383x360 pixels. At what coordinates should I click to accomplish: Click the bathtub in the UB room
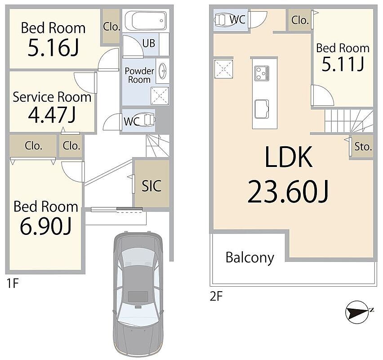[146, 20]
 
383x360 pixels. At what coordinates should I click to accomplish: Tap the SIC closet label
[151, 186]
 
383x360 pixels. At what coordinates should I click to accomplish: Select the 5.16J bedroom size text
[53, 47]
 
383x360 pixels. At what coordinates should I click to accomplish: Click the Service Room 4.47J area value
[52, 115]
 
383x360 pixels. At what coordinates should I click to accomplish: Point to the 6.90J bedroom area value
[46, 226]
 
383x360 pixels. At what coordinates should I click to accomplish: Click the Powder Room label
[139, 75]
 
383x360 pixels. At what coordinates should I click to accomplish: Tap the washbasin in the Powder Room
[162, 71]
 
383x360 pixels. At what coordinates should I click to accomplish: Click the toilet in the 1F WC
[148, 120]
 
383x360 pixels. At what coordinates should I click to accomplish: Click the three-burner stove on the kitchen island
[262, 73]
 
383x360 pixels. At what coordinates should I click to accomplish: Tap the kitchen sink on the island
[262, 109]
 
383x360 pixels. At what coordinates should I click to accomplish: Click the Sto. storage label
[363, 147]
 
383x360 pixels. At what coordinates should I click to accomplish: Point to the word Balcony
[250, 258]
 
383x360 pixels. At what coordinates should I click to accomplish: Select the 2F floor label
[216, 297]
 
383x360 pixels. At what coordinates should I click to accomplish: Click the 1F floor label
[13, 283]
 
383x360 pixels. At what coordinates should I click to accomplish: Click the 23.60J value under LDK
[288, 192]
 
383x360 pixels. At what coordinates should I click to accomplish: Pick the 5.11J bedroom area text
[343, 64]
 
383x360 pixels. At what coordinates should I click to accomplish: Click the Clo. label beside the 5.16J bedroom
[111, 27]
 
